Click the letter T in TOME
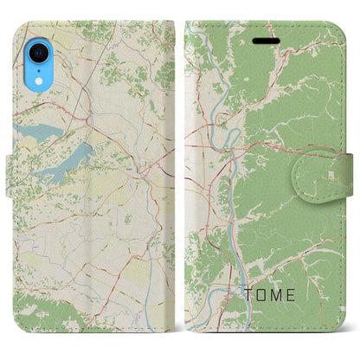pyautogui.click(x=246, y=295)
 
